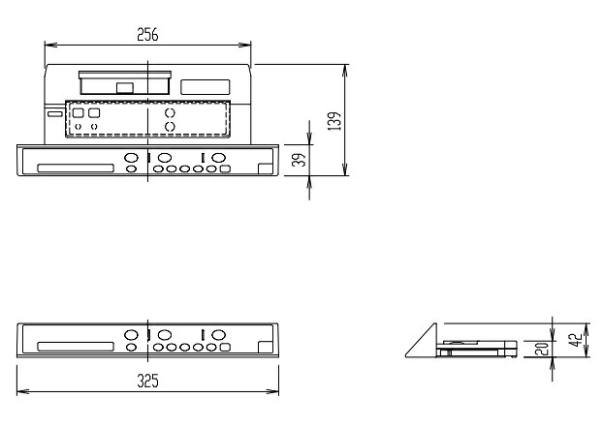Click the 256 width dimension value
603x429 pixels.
147,35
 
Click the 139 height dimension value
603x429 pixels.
334,121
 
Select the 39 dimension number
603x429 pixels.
299,160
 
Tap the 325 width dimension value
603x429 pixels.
147,381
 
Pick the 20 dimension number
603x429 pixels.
542,349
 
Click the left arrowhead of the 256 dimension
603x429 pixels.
50,45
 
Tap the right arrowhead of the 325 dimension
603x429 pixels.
272,392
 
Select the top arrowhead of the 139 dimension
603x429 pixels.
345,71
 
